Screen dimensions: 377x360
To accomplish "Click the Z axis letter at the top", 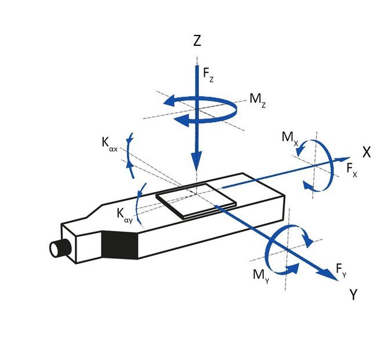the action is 197,41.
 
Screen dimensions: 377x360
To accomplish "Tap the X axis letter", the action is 367,152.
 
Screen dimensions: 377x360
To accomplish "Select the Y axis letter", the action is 353,294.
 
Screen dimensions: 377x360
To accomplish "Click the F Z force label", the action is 208,74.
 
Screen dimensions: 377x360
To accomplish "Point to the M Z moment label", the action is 258,100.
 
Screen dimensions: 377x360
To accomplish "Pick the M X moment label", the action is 290,139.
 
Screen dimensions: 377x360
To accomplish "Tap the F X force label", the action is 352,170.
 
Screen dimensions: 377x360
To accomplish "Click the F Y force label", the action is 341,271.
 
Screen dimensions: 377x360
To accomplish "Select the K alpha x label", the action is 110,145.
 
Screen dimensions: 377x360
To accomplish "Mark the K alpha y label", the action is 125,215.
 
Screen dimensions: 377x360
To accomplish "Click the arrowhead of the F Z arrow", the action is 197,161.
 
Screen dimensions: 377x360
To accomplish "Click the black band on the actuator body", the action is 119,245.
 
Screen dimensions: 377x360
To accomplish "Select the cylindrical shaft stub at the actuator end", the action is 60,249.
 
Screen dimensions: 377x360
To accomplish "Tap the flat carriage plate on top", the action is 196,201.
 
